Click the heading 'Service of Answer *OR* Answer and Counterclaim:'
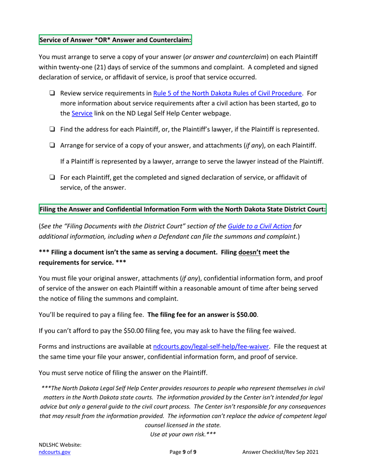click(115, 40)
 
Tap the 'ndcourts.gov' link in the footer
click(55, 452)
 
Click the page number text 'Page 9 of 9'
click(183, 452)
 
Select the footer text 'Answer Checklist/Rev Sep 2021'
click(280, 452)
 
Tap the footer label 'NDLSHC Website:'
click(60, 445)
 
